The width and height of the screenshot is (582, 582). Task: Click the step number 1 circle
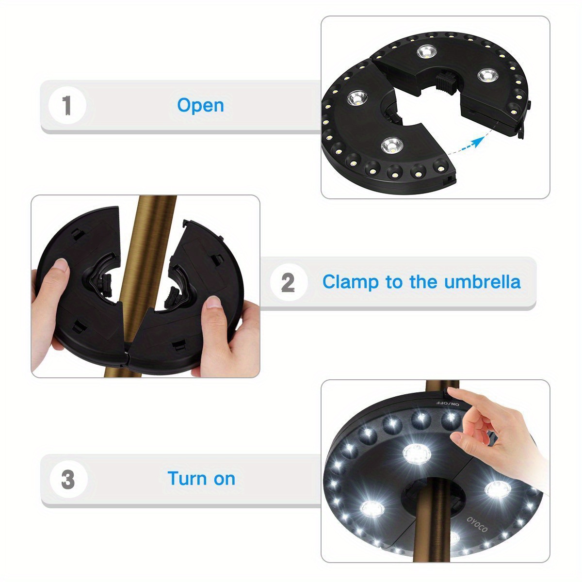point(67,106)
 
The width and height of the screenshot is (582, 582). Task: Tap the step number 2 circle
point(288,282)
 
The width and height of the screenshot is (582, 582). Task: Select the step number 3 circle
point(68,479)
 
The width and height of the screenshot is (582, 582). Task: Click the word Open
point(200,105)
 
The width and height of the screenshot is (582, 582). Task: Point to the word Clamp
point(350,281)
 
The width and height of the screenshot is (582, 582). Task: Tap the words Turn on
point(201,479)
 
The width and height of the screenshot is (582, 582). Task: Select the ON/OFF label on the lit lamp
point(447,403)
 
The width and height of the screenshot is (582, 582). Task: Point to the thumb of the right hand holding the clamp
point(214,305)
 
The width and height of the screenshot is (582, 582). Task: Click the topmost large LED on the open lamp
point(427,51)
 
